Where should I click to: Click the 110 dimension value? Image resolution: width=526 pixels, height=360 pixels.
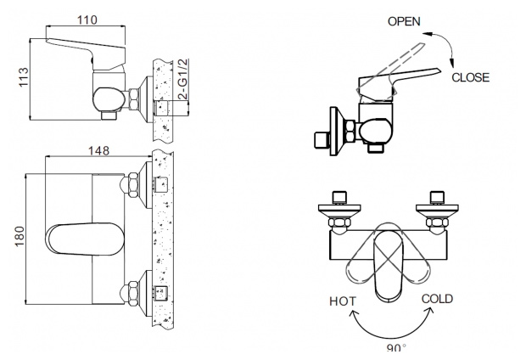(x=87, y=20)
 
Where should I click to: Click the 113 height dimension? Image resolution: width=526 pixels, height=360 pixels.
(x=24, y=77)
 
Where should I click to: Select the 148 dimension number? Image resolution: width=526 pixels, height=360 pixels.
(x=98, y=150)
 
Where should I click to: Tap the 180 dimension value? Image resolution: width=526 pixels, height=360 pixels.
(x=20, y=236)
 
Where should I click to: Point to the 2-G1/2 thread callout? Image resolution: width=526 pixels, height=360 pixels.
(x=183, y=79)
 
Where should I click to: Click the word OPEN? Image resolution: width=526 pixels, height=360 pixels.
(x=404, y=21)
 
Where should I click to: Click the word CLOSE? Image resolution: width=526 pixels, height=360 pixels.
(x=470, y=77)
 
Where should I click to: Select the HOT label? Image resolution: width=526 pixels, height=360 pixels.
(x=343, y=301)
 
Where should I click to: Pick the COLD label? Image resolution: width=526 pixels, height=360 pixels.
(x=437, y=299)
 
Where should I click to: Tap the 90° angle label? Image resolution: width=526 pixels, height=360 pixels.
(x=396, y=348)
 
